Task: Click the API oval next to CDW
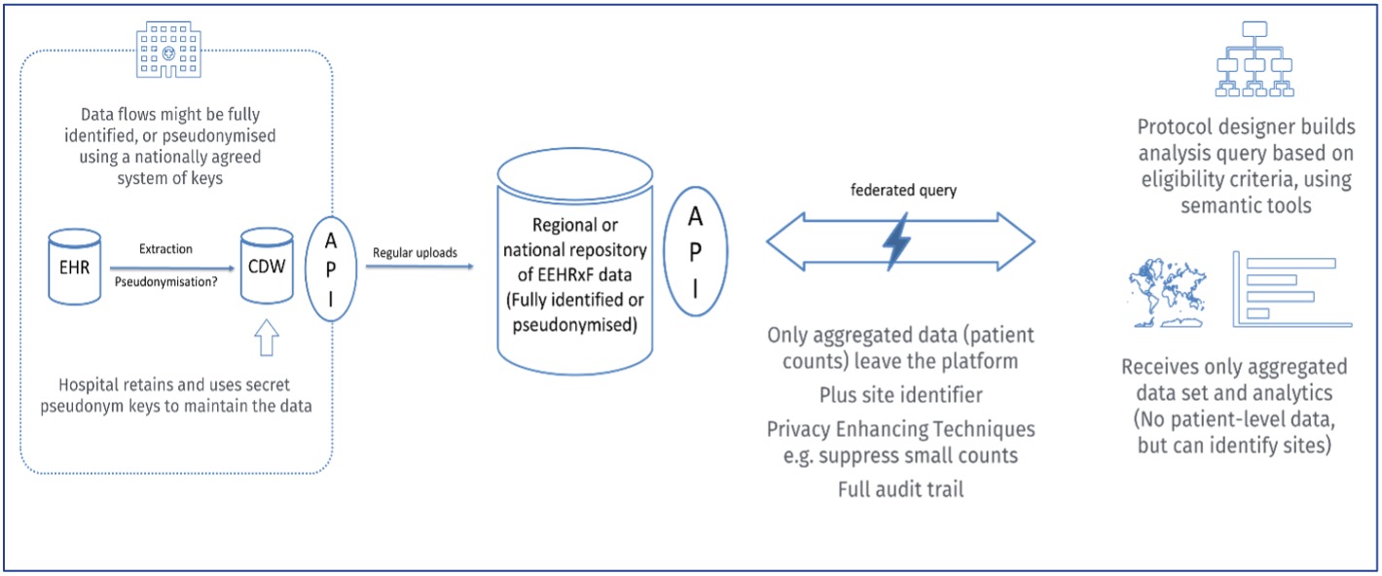coord(330,266)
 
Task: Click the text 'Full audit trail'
coord(900,488)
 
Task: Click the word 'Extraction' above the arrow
coord(165,249)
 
